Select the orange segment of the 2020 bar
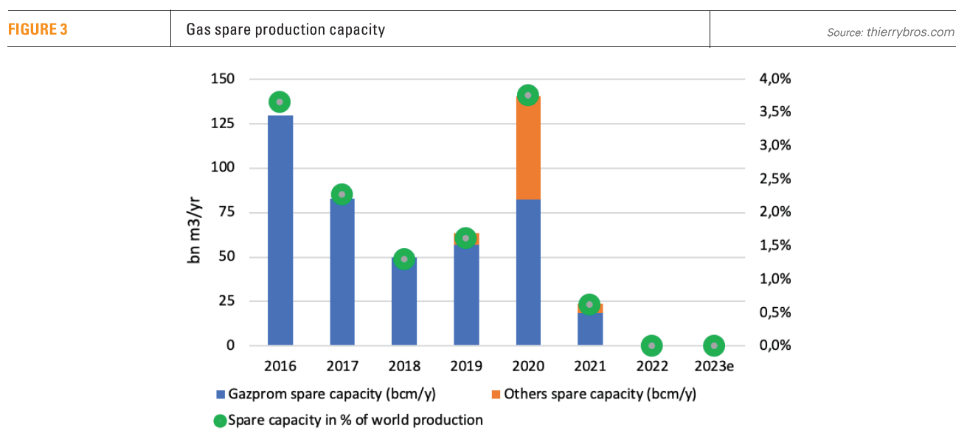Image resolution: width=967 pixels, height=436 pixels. pyautogui.click(x=528, y=148)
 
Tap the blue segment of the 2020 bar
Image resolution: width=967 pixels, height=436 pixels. pyautogui.click(x=528, y=272)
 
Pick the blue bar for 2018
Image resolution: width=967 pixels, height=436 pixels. pyautogui.click(x=404, y=302)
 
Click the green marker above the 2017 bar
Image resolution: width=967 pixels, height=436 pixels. pyautogui.click(x=342, y=194)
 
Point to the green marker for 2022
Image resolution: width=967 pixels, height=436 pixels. pyautogui.click(x=651, y=345)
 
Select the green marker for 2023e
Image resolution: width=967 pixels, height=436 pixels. pyautogui.click(x=713, y=345)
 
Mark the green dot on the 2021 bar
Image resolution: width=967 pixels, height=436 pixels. pyautogui.click(x=589, y=304)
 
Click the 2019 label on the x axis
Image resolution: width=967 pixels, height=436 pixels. pyautogui.click(x=466, y=366)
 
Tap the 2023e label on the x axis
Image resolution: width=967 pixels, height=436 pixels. pyautogui.click(x=713, y=366)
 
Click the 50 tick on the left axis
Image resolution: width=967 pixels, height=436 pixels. pyautogui.click(x=229, y=257)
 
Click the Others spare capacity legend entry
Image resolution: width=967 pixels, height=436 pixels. pyautogui.click(x=593, y=395)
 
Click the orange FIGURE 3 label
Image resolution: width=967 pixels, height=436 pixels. pyautogui.click(x=38, y=30)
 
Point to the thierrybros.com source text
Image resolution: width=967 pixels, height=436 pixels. pyautogui.click(x=890, y=32)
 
